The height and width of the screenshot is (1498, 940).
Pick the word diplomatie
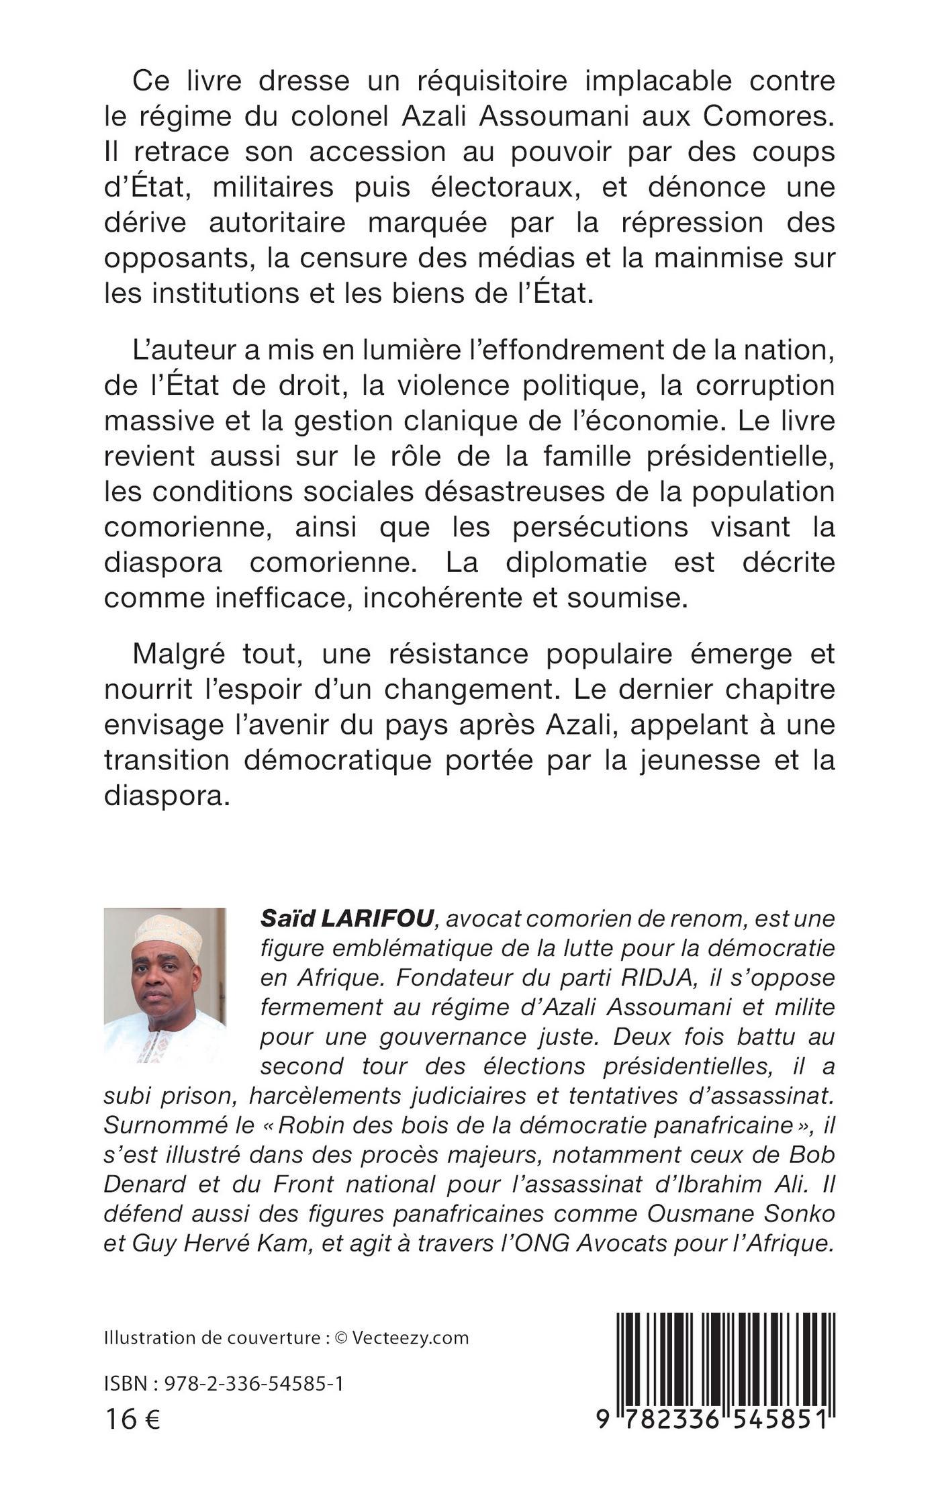(576, 562)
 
